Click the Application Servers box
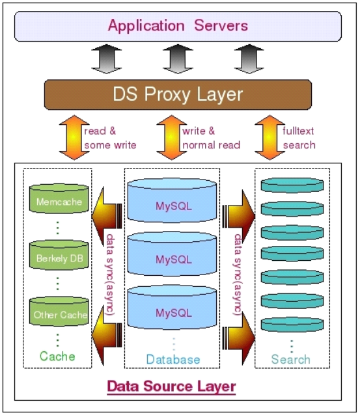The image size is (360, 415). coord(178,26)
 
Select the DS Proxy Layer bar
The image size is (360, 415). coord(178,94)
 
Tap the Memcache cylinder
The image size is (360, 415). coord(59,198)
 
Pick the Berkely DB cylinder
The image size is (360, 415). coord(59,255)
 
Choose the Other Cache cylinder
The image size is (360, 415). coord(59,311)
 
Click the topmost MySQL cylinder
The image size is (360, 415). coord(172,200)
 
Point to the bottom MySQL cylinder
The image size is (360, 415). coord(172,307)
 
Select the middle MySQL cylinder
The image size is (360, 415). coord(172,254)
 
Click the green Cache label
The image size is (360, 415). coord(57,356)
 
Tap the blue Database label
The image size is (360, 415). coord(173,360)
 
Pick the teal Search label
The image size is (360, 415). coord(290,360)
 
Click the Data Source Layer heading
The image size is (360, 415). coord(171,386)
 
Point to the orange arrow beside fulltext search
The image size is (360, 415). coord(270,137)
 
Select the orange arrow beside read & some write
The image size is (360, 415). coord(74,137)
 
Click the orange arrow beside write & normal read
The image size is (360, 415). coord(172,137)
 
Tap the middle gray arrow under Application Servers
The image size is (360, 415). coord(178,59)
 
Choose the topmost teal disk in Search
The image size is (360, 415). coord(292,185)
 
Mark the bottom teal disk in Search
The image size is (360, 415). coord(292,324)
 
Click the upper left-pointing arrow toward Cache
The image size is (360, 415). coord(107,216)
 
